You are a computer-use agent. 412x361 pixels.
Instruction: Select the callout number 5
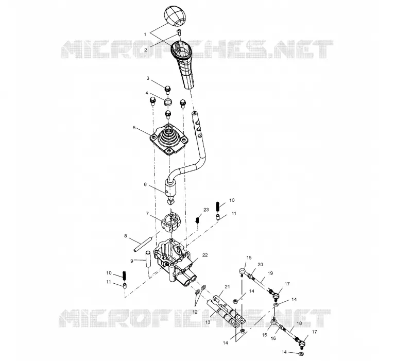coord(134,128)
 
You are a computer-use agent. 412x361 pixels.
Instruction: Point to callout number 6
coord(145,184)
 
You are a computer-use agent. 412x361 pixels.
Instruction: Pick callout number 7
coord(147,214)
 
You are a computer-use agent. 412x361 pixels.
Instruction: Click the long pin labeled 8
coord(143,245)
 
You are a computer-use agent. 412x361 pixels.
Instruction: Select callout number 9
coord(132,261)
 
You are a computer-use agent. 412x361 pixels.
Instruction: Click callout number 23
coord(207,210)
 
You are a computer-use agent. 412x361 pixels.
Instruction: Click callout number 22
coord(205,255)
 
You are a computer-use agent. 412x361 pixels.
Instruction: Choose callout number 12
coord(195,312)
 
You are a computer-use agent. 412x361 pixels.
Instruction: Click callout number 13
coord(208,322)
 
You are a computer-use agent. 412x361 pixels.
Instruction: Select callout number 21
coord(227,287)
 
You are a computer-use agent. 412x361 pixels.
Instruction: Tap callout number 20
coord(260,265)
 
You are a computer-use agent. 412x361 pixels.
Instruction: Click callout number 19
coord(270,273)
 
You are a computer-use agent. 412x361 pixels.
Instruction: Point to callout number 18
coord(299,323)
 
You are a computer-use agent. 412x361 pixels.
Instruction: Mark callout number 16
coord(273,338)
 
